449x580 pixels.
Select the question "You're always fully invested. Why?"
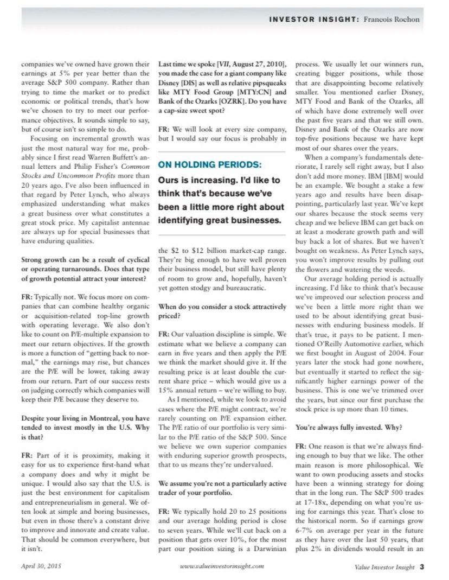348,428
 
